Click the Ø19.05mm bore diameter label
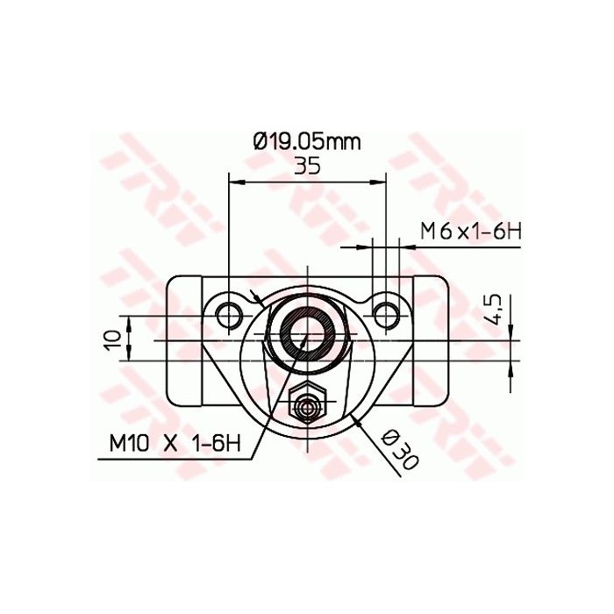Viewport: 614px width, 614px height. click(x=306, y=140)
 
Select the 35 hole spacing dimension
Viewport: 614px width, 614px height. click(x=306, y=167)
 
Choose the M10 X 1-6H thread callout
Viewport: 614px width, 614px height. click(x=175, y=443)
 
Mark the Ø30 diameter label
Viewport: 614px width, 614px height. click(x=400, y=448)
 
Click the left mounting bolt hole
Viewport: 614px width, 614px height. click(x=229, y=313)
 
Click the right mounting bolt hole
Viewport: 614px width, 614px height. click(x=384, y=313)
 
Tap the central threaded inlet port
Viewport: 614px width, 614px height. click(x=307, y=333)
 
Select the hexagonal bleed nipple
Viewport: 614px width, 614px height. click(x=307, y=406)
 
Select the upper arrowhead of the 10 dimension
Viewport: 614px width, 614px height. click(x=129, y=326)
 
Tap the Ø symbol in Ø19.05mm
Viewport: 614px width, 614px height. click(x=260, y=140)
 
